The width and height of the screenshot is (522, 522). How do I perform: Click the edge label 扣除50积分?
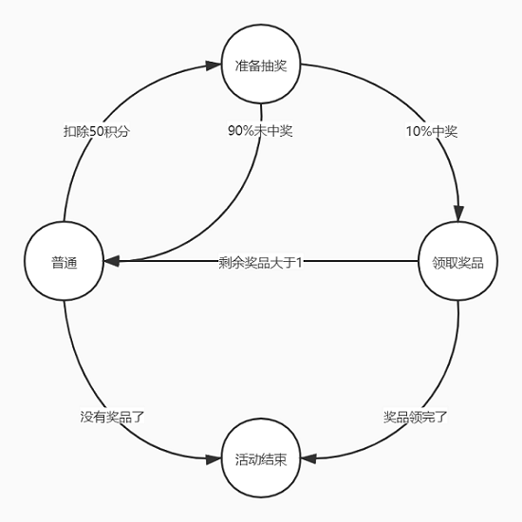(97, 132)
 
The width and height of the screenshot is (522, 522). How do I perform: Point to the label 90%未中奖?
(260, 131)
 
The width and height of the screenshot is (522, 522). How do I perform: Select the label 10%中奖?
(432, 132)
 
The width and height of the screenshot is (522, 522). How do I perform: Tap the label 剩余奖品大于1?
(260, 263)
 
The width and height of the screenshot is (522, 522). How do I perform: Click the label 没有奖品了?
(112, 417)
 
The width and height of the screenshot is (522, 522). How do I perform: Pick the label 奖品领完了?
(416, 417)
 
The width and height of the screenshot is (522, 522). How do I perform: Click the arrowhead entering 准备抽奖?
(214, 65)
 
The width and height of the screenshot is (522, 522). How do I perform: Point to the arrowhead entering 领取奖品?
(458, 214)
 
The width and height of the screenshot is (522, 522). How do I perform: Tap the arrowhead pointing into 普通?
(112, 261)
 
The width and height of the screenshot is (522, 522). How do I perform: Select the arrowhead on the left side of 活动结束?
(214, 459)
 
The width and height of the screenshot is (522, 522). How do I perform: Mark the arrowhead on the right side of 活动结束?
(308, 458)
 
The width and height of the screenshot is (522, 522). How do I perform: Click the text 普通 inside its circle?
(65, 263)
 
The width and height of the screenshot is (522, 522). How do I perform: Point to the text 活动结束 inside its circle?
(261, 459)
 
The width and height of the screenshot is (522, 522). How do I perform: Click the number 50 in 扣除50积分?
(97, 132)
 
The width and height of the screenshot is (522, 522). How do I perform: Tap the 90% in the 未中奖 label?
(241, 131)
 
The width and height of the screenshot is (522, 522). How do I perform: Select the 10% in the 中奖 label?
(419, 132)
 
